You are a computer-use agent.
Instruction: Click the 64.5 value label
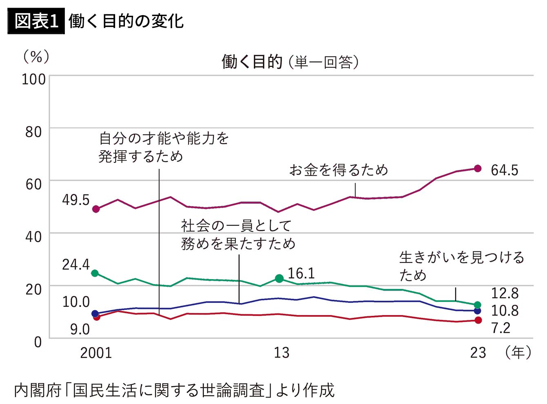click(504, 170)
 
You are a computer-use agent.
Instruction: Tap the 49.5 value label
click(76, 200)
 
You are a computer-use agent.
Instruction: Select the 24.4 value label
click(76, 265)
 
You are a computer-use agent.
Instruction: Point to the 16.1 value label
click(301, 273)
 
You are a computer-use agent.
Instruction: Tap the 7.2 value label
click(500, 328)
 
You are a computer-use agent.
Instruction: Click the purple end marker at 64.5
click(478, 169)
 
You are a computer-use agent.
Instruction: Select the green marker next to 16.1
click(279, 278)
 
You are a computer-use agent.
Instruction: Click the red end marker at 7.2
click(478, 320)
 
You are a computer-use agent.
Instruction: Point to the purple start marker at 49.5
click(96, 209)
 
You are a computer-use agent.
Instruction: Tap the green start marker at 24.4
click(95, 273)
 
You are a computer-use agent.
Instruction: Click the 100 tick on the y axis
click(33, 80)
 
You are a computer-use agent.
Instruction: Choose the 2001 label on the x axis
click(96, 353)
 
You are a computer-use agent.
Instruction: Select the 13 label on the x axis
click(281, 353)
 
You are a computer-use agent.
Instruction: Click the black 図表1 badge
click(36, 21)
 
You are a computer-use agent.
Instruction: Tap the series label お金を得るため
click(338, 170)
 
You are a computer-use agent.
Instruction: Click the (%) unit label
click(36, 57)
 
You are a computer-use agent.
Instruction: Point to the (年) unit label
click(518, 353)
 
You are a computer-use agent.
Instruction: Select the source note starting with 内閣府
click(174, 390)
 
